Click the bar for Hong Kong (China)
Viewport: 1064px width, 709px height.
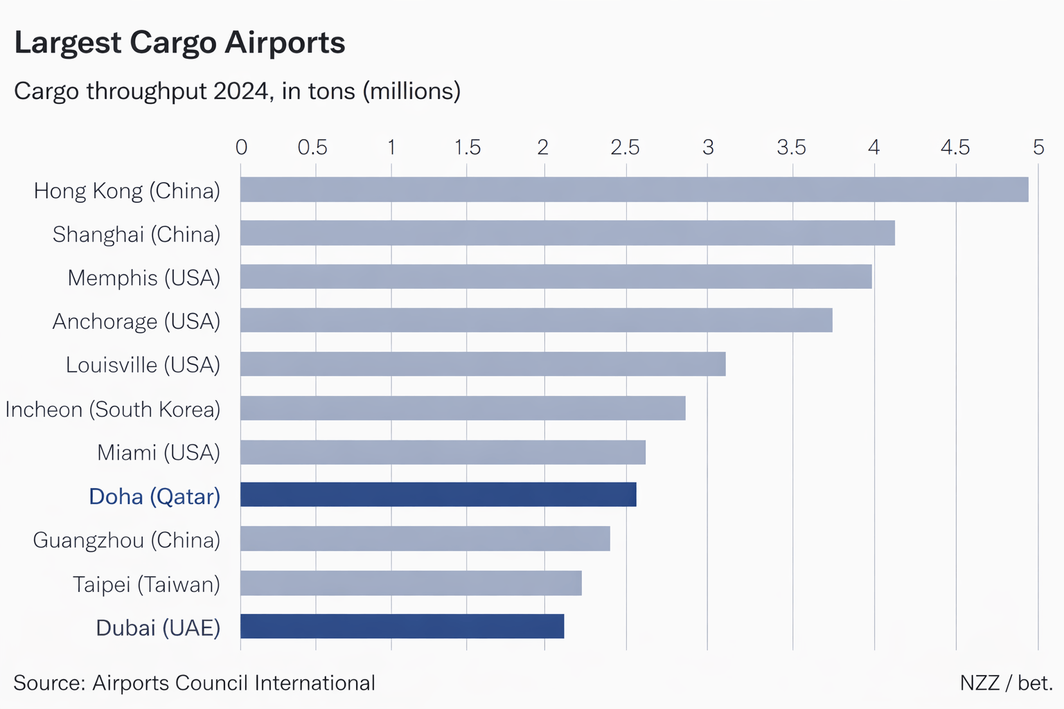634,190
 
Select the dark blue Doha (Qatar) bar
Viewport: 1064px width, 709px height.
438,495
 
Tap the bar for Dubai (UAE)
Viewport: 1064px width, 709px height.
402,627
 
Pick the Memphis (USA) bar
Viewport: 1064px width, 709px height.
556,277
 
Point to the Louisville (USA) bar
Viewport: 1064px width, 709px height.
483,364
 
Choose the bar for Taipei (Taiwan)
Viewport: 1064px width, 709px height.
411,583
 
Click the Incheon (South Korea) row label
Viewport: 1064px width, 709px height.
113,409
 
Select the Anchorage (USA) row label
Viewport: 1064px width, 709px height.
136,321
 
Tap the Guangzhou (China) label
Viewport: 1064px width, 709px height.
127,540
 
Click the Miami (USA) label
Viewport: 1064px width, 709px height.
159,453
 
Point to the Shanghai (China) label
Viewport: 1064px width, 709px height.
136,235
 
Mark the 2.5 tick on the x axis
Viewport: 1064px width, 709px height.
625,147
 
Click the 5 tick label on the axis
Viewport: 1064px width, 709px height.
1038,147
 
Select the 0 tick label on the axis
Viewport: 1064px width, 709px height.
241,147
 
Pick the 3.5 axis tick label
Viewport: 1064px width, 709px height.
791,147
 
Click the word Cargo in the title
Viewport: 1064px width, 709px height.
173,43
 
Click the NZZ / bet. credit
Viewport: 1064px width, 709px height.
1006,683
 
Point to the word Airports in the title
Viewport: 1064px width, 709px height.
285,43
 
